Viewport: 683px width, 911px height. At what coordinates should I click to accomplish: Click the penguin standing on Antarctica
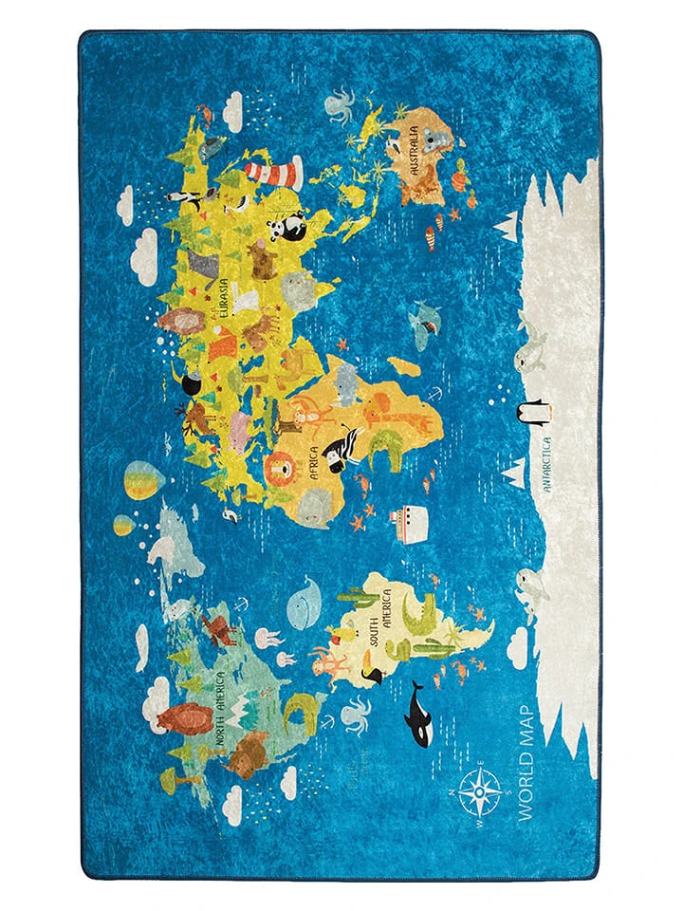(x=532, y=411)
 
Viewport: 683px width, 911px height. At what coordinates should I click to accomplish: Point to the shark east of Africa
(x=422, y=324)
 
